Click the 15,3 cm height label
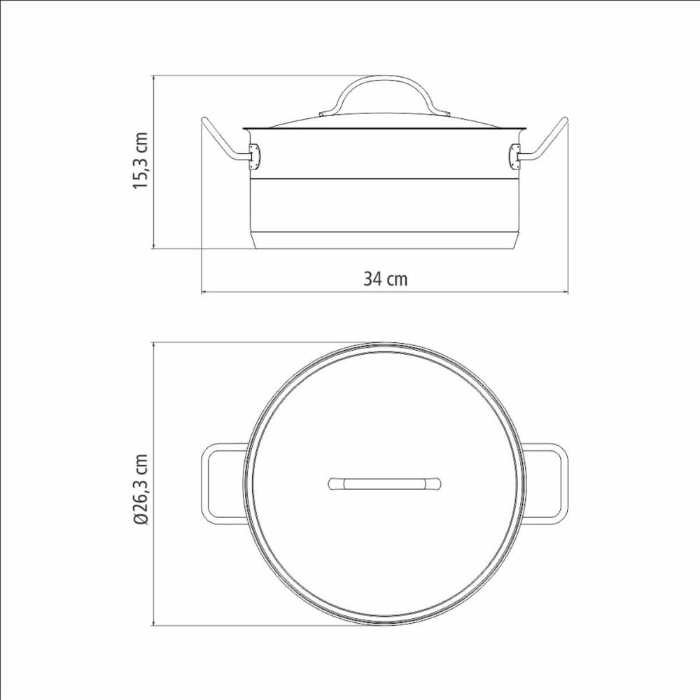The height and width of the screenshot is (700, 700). click(141, 161)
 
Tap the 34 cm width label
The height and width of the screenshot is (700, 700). click(385, 279)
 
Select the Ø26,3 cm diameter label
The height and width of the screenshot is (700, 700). click(141, 489)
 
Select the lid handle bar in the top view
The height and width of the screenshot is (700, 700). click(384, 484)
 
